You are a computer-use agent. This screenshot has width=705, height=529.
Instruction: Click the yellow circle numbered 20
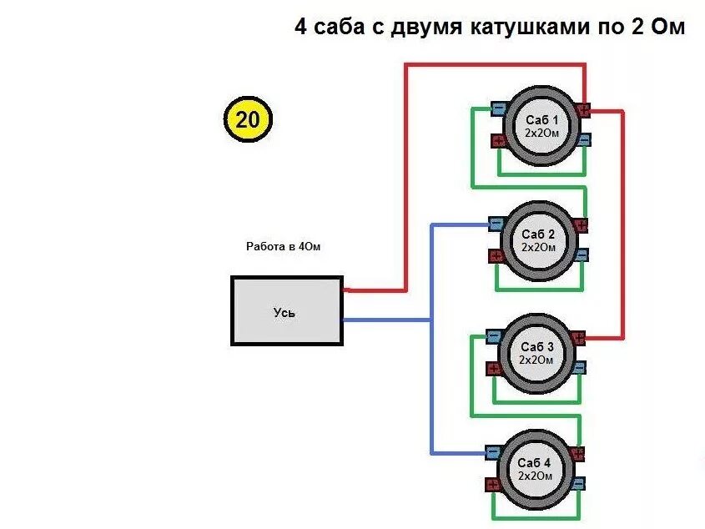click(248, 120)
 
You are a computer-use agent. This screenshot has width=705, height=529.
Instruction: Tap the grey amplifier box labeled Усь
click(286, 311)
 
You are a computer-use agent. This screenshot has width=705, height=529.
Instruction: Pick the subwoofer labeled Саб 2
click(538, 239)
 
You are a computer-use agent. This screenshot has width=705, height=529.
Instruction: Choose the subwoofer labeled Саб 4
click(535, 468)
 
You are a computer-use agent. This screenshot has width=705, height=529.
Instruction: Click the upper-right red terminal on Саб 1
click(582, 108)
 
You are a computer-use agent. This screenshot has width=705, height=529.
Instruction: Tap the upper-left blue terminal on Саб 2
click(496, 223)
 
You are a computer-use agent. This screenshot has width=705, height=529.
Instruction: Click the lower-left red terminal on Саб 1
click(498, 140)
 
